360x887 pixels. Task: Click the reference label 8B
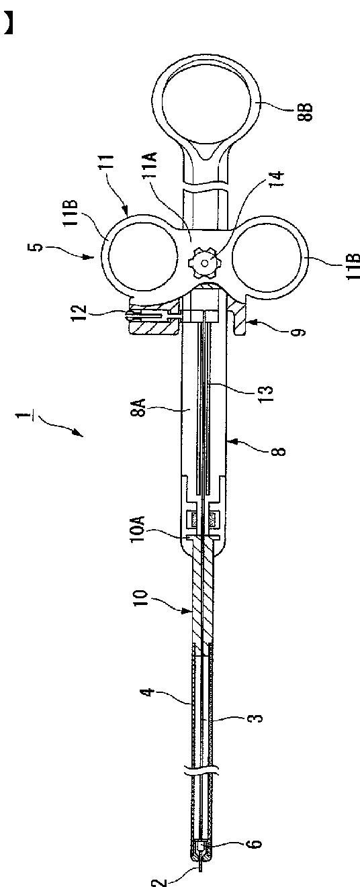pyautogui.click(x=306, y=111)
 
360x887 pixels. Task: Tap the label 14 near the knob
pyautogui.click(x=277, y=179)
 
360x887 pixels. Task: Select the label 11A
pyautogui.click(x=152, y=167)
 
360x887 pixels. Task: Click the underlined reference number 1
pyautogui.click(x=25, y=416)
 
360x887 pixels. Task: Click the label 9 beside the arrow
pyautogui.click(x=301, y=331)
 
